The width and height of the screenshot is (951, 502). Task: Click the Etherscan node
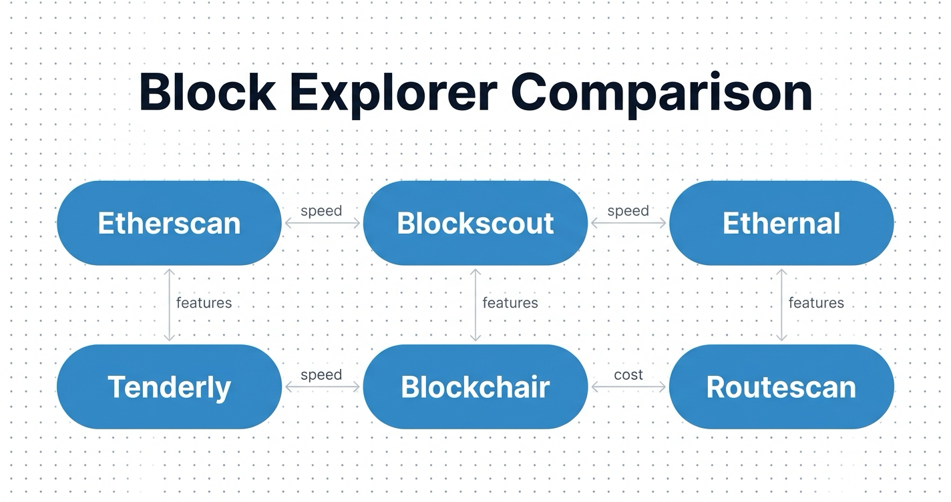pos(169,223)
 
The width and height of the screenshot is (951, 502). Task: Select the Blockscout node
pos(475,223)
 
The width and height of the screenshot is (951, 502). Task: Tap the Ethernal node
pos(781,223)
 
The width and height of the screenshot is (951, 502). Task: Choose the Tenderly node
pos(169,387)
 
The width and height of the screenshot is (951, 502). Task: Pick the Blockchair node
pos(475,387)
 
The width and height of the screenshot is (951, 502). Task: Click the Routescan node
pos(781,387)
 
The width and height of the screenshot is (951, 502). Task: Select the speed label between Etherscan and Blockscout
pos(321,211)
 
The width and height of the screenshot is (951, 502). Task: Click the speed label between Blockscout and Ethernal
pos(628,211)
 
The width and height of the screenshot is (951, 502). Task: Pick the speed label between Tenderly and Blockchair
pos(321,374)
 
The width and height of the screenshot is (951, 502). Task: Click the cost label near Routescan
pos(628,374)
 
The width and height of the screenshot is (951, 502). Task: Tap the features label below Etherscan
pos(204,303)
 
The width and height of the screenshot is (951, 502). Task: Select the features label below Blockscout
pos(510,303)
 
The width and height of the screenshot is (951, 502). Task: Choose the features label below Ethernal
pos(816,303)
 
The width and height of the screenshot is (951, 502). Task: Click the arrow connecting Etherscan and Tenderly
pos(170,320)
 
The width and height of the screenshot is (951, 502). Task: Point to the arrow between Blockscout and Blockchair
pos(475,320)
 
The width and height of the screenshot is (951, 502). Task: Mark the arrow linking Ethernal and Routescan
pos(781,320)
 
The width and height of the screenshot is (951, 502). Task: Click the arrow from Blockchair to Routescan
pos(628,387)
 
